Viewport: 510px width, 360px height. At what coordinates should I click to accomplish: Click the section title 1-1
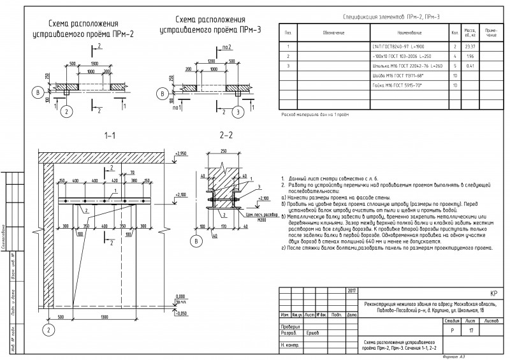110,136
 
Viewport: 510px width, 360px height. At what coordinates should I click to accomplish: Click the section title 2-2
226,136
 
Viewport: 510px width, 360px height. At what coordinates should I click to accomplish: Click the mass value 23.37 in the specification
470,47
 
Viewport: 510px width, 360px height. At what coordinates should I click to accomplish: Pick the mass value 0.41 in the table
470,66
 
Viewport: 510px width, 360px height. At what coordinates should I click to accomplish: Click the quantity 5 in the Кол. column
453,66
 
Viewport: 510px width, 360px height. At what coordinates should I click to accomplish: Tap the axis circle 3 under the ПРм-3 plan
237,113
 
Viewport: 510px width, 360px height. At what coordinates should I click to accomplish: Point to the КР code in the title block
493,295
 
